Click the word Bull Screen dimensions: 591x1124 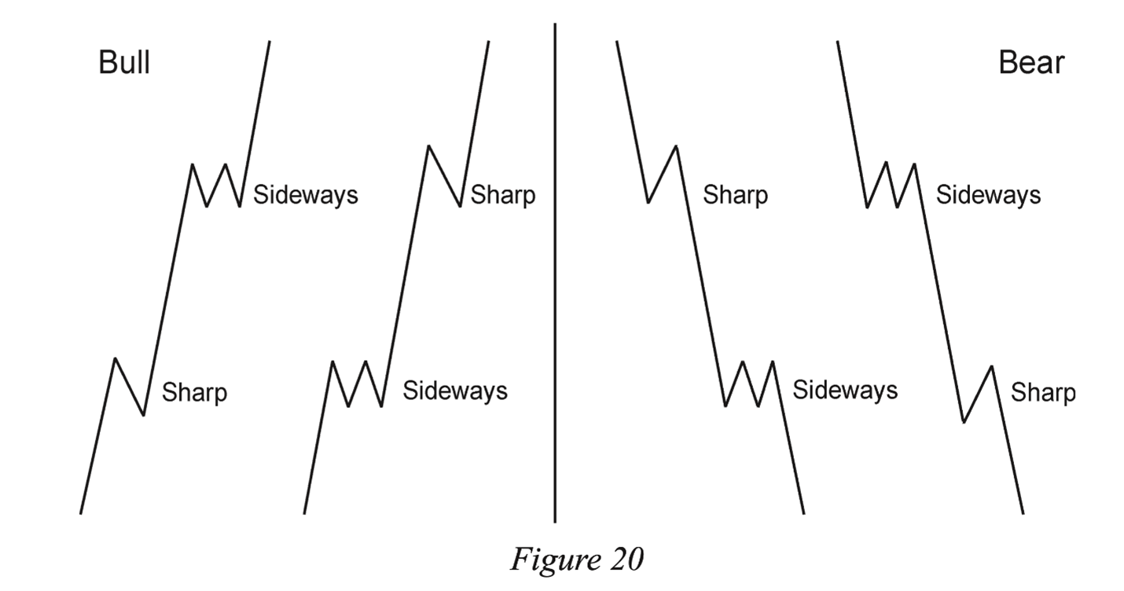pyautogui.click(x=124, y=62)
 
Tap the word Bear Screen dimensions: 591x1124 pyautogui.click(x=1031, y=62)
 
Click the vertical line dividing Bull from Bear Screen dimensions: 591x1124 pyautogui.click(x=555, y=275)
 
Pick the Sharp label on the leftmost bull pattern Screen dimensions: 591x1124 pyautogui.click(x=194, y=391)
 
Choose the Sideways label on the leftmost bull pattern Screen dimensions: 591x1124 pyautogui.click(x=305, y=194)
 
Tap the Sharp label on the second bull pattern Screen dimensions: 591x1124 pyautogui.click(x=502, y=194)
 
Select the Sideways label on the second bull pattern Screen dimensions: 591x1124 pyautogui.click(x=455, y=390)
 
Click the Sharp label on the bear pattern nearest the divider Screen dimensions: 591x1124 pyautogui.click(x=735, y=194)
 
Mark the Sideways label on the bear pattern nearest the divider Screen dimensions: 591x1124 pyautogui.click(x=844, y=390)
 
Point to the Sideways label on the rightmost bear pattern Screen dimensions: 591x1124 pyautogui.click(x=988, y=194)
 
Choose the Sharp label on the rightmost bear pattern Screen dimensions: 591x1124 pyautogui.click(x=1043, y=391)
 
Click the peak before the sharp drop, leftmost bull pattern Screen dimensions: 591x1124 pyautogui.click(x=116, y=358)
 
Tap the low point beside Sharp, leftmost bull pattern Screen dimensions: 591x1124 pyautogui.click(x=143, y=415)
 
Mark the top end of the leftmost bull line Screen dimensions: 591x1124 pyautogui.click(x=270, y=41)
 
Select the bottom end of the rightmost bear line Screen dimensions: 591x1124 pyautogui.click(x=1023, y=513)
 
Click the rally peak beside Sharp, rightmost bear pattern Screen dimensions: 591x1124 pyautogui.click(x=992, y=366)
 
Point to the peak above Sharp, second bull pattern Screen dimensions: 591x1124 pyautogui.click(x=428, y=146)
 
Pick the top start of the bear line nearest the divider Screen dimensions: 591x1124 pyautogui.click(x=616, y=41)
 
